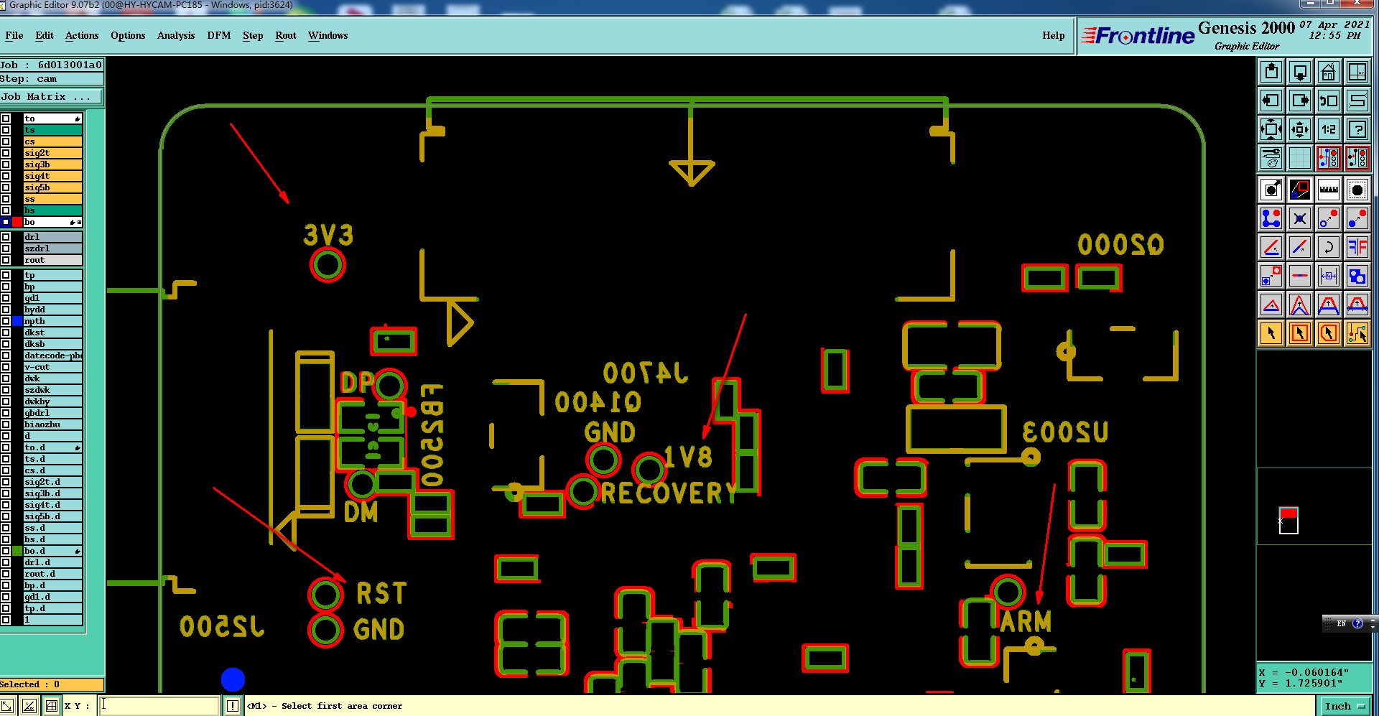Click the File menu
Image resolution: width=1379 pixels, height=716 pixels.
pyautogui.click(x=14, y=35)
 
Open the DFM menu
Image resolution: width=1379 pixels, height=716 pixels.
pyautogui.click(x=218, y=35)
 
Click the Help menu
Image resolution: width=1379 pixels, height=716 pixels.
pyautogui.click(x=1053, y=35)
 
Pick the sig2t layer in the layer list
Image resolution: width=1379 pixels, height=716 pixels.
pyautogui.click(x=52, y=153)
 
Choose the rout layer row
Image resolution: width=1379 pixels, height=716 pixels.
pyautogui.click(x=52, y=260)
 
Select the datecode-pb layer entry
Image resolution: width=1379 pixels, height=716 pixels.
pyautogui.click(x=52, y=355)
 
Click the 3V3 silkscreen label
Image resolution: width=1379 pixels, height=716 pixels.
pyautogui.click(x=328, y=235)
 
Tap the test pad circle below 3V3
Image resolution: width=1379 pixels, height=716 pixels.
pyautogui.click(x=328, y=265)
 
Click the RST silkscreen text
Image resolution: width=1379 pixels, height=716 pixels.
pyautogui.click(x=381, y=594)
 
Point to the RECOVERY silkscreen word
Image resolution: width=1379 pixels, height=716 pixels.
pyautogui.click(x=669, y=493)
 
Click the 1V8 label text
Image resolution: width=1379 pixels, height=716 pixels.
pyautogui.click(x=688, y=457)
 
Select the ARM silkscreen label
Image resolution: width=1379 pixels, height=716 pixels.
pyautogui.click(x=1026, y=621)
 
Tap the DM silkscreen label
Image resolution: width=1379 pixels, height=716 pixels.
pyautogui.click(x=361, y=512)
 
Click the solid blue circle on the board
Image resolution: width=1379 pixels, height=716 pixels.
pyautogui.click(x=233, y=679)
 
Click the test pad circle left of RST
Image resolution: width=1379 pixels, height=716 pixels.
pyautogui.click(x=325, y=595)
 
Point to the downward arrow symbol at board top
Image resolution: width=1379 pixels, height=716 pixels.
pyautogui.click(x=691, y=171)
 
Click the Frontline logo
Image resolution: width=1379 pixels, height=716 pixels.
pyautogui.click(x=1138, y=35)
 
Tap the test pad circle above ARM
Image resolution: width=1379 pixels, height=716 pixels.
pyautogui.click(x=1008, y=592)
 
